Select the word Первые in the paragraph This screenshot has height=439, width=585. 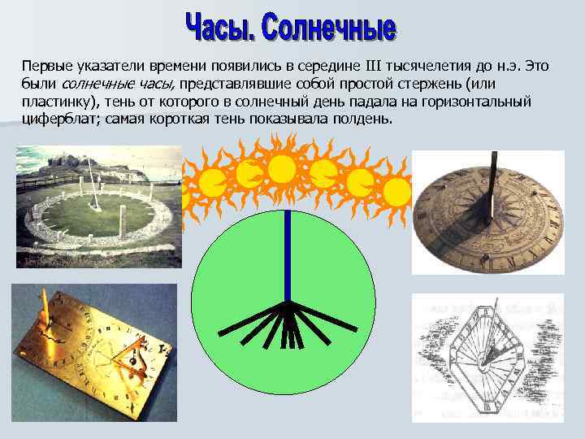point(46,66)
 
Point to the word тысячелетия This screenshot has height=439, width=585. point(414,66)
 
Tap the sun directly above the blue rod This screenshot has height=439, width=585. point(282,169)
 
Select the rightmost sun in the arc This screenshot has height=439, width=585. point(396,192)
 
